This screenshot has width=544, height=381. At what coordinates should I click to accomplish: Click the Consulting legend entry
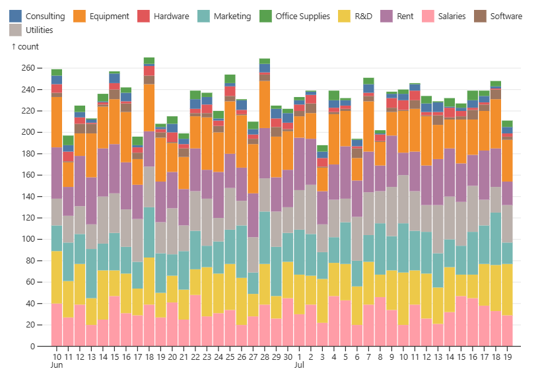coord(38,16)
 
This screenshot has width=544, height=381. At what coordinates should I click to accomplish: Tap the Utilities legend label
coord(39,30)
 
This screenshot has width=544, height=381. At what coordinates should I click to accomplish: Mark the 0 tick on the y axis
coord(32,347)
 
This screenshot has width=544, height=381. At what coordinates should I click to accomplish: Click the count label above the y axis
coord(26,47)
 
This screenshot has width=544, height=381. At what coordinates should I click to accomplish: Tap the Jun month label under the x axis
coord(57,364)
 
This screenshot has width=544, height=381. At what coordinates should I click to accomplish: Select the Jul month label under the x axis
coord(299,364)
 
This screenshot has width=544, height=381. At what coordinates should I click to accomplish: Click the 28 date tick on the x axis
coord(264,357)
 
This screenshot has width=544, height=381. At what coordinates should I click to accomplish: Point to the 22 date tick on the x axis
coord(195,357)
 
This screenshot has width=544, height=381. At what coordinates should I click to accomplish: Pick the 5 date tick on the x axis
coord(345,357)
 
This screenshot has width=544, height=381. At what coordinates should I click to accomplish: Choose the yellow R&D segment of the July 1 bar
coord(299,294)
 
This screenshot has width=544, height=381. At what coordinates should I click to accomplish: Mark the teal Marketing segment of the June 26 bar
coord(241,244)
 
